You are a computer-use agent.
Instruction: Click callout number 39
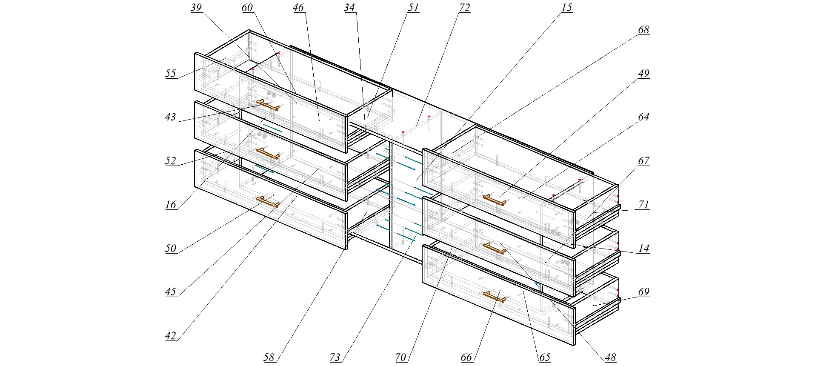[196, 8]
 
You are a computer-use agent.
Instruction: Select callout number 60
[247, 8]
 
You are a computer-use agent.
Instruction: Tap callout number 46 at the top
[299, 8]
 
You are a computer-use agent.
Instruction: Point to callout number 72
[464, 8]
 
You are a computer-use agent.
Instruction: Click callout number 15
[566, 8]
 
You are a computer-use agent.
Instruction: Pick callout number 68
[643, 30]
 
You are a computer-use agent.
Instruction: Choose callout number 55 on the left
[171, 74]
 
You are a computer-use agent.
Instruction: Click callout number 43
[171, 117]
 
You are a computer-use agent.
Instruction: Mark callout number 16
[171, 205]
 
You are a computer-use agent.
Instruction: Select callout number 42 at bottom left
[171, 336]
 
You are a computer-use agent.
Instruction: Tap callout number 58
[269, 357]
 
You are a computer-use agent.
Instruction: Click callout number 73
[335, 357]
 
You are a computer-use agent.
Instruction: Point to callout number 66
[466, 357]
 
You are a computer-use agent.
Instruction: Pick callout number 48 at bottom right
[610, 357]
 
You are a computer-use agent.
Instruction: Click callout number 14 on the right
[643, 248]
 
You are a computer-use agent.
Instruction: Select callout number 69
[643, 292]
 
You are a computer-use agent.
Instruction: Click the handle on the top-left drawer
[268, 105]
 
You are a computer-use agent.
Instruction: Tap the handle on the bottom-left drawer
[268, 202]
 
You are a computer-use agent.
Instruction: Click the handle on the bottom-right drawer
[494, 296]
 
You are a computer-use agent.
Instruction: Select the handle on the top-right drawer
[494, 199]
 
